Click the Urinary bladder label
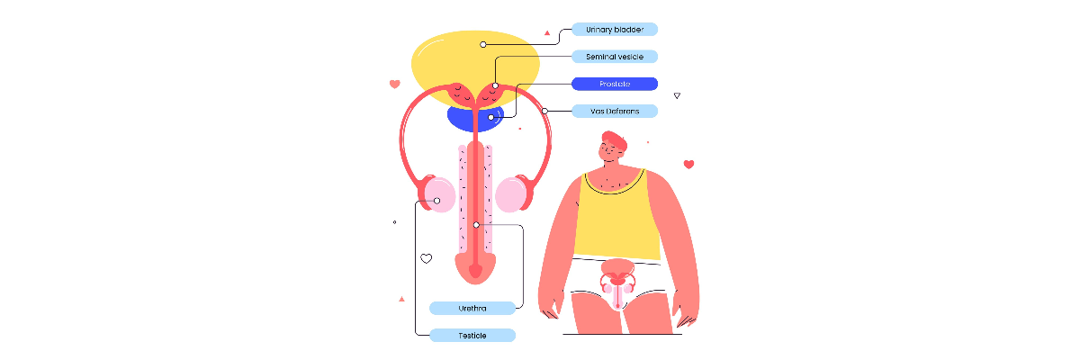[x=615, y=30]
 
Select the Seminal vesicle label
[x=615, y=57]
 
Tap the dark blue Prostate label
[x=615, y=84]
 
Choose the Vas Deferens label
[x=615, y=112]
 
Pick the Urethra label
[x=472, y=309]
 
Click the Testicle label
[x=472, y=336]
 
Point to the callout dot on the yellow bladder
[x=483, y=44]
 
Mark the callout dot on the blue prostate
[x=490, y=117]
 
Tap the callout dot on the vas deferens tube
[x=544, y=111]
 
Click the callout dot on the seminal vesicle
[x=495, y=85]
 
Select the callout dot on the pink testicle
[x=436, y=201]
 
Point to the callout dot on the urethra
[x=476, y=225]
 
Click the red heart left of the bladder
[x=395, y=84]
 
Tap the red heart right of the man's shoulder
[x=689, y=165]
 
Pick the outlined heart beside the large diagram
[x=427, y=259]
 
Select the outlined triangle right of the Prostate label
[x=677, y=96]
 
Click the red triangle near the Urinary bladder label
[x=547, y=32]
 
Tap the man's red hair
[x=615, y=139]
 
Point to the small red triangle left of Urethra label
[x=401, y=300]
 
